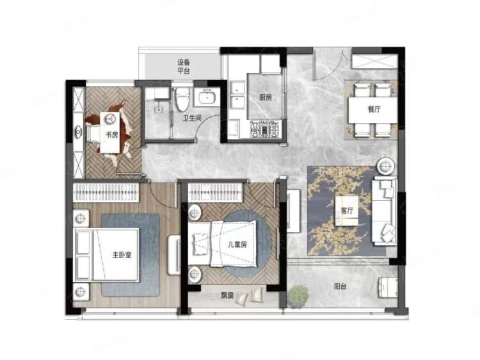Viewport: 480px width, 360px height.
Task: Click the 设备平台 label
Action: [x=184, y=67]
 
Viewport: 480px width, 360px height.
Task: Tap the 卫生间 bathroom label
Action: [x=192, y=118]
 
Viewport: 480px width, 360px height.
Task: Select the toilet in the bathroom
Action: [x=182, y=99]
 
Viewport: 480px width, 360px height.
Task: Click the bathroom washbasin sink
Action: [x=207, y=97]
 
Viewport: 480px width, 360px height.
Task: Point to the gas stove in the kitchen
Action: [x=265, y=129]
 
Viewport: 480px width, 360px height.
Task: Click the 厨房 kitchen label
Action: [x=265, y=97]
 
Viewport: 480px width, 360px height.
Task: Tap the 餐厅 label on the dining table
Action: [x=374, y=109]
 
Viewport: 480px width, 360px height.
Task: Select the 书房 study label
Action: [x=111, y=135]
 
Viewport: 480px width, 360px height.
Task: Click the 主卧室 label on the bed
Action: [x=122, y=255]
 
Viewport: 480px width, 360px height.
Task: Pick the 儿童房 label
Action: [x=237, y=245]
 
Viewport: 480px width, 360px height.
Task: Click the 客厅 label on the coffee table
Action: [x=347, y=211]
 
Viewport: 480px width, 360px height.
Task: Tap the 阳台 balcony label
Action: [x=340, y=287]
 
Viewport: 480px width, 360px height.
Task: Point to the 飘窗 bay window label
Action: [x=227, y=295]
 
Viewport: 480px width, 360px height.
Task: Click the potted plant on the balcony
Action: [x=298, y=295]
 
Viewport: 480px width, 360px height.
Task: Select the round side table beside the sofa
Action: [x=386, y=167]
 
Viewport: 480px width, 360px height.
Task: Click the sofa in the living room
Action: [x=385, y=211]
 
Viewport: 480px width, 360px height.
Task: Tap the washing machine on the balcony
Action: [x=388, y=288]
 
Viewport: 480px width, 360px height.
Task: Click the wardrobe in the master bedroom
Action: [x=106, y=192]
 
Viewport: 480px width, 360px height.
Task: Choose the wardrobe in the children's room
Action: [x=216, y=192]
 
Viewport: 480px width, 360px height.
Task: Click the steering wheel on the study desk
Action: [x=109, y=119]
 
